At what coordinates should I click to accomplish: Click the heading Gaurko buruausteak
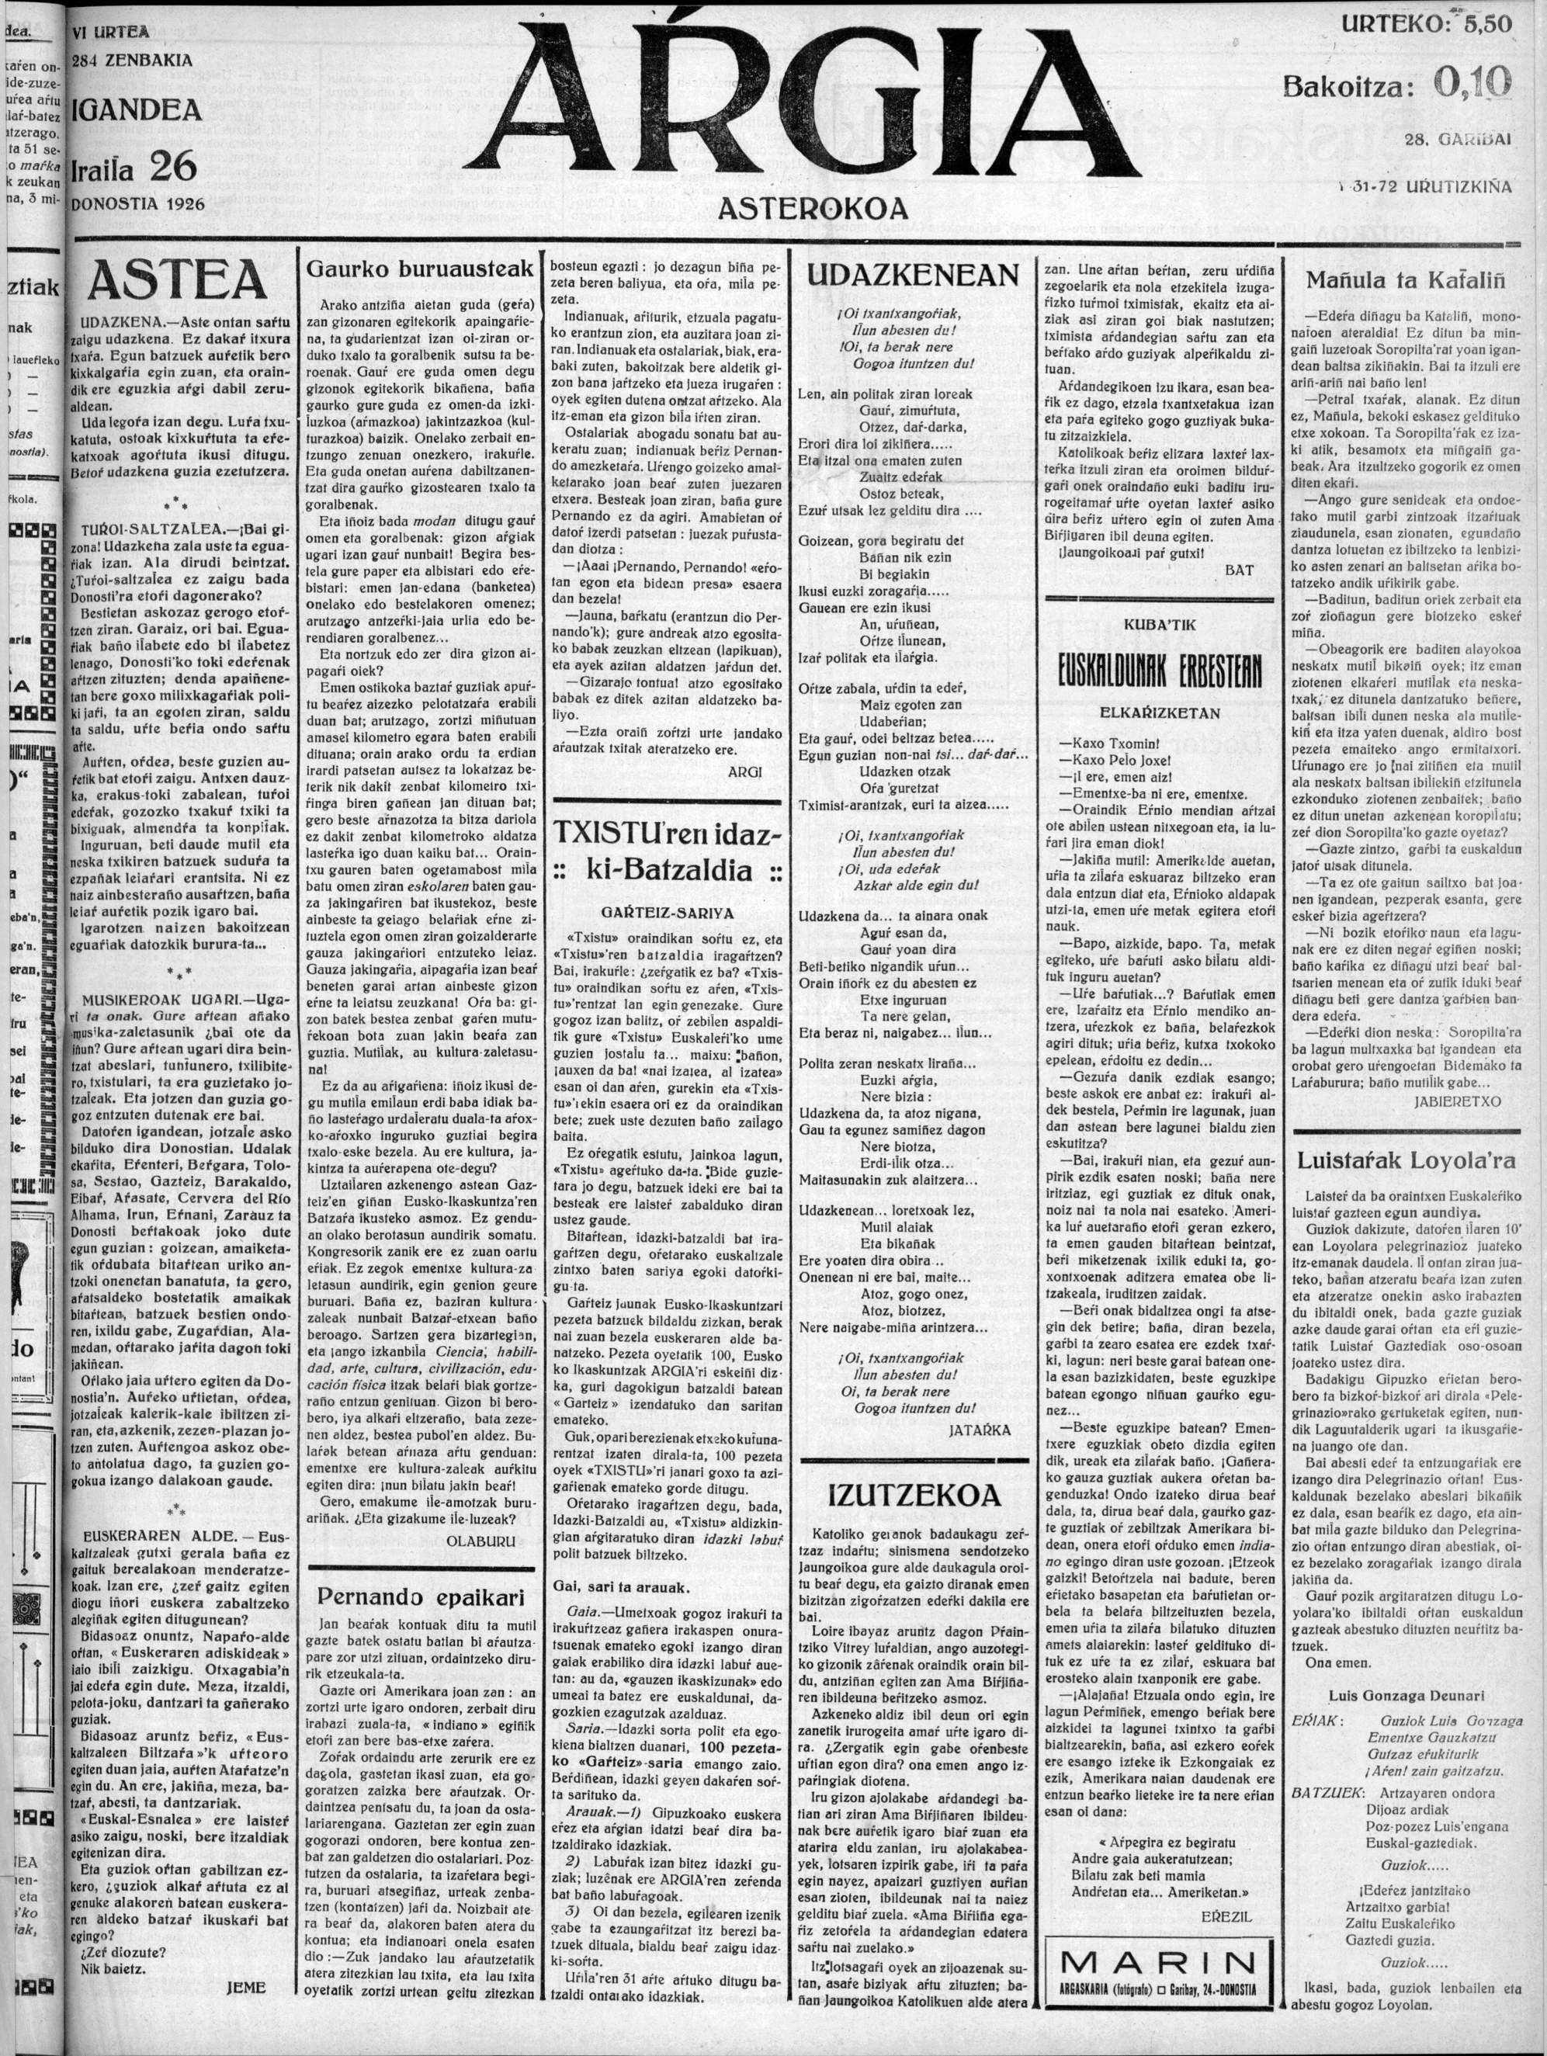point(420,269)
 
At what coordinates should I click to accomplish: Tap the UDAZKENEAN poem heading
point(912,274)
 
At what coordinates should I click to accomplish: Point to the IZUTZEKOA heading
point(914,1493)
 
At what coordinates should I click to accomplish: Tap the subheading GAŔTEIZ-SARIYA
point(666,912)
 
